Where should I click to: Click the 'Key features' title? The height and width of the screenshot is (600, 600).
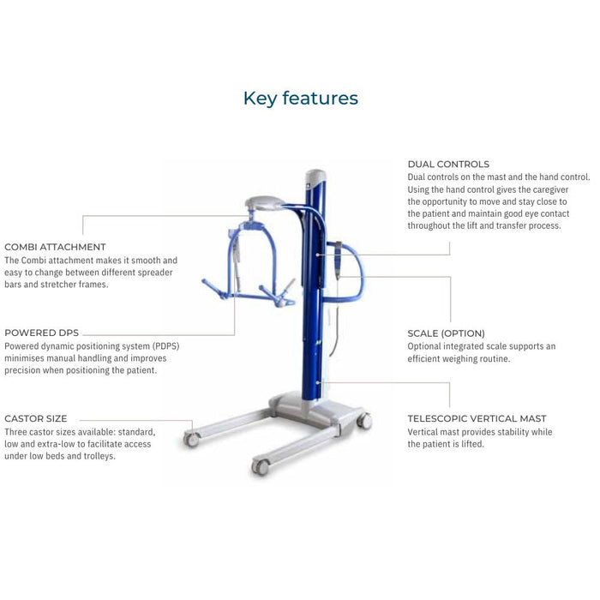[300, 99]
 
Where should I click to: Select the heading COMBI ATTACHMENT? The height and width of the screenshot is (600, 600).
[56, 247]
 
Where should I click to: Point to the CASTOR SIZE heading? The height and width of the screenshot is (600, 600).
[36, 419]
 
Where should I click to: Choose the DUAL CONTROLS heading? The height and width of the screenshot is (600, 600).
[448, 164]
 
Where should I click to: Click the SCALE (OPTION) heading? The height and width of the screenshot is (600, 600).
[446, 333]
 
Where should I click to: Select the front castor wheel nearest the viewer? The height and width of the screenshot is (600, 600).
[260, 466]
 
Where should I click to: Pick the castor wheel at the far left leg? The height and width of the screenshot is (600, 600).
[191, 439]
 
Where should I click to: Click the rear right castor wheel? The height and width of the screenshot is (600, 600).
[364, 420]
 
